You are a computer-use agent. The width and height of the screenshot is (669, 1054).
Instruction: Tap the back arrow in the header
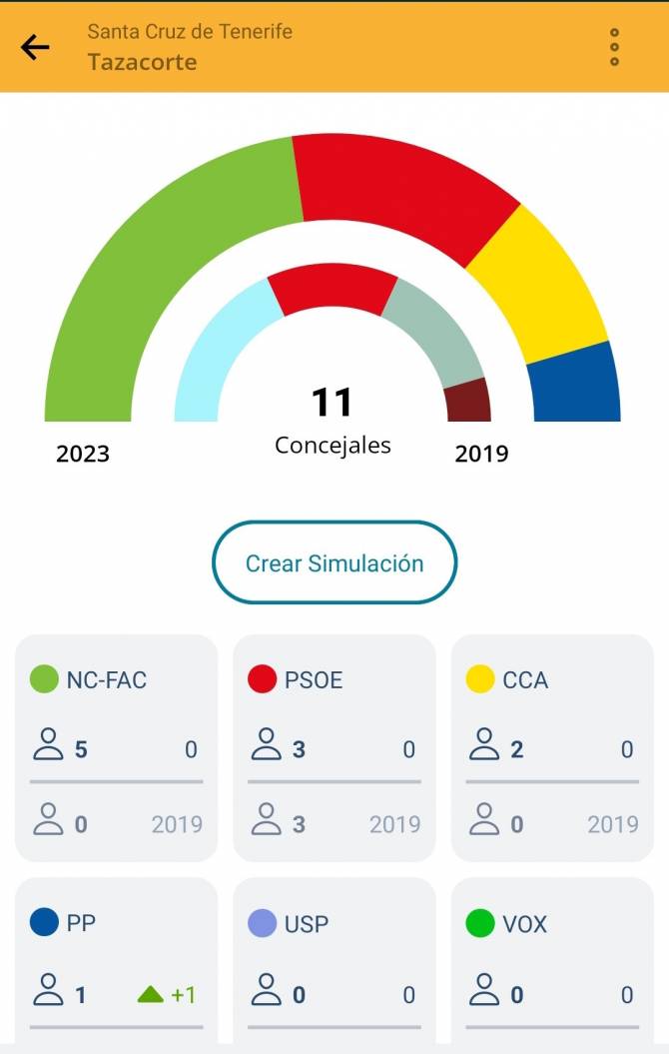(x=35, y=47)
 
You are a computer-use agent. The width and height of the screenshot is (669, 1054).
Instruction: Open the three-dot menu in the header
(x=614, y=47)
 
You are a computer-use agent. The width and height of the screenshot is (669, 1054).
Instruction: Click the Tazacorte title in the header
(x=142, y=62)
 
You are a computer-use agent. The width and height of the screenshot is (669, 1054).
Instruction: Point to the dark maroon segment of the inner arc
(x=468, y=401)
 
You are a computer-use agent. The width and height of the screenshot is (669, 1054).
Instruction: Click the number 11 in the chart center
(x=333, y=403)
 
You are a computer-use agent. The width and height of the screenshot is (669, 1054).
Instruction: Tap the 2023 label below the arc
(x=83, y=454)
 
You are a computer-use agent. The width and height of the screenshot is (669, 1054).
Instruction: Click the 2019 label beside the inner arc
(x=481, y=454)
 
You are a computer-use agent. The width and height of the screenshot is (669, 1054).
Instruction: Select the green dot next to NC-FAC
(x=44, y=680)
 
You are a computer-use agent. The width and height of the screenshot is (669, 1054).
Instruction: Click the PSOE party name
(x=314, y=680)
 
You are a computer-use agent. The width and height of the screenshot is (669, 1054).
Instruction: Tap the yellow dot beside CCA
(x=480, y=680)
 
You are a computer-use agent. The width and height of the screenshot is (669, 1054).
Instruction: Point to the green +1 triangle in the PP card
(x=151, y=994)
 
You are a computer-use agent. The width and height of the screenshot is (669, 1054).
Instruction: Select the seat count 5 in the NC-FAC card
(x=81, y=749)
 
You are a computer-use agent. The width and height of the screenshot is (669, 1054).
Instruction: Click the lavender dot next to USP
(x=262, y=924)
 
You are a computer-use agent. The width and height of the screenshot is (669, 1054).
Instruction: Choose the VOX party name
(x=524, y=924)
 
